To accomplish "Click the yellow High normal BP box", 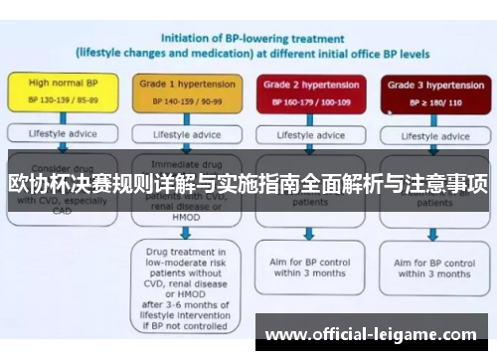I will [62, 91].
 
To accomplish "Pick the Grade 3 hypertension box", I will [428, 91].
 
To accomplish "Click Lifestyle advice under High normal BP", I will [62, 133].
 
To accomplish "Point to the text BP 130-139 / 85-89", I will [62, 101].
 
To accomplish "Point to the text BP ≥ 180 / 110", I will [428, 101].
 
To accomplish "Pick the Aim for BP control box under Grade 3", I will [431, 267].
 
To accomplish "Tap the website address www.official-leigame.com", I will [371, 335].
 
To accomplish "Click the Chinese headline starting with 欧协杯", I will [248, 184].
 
